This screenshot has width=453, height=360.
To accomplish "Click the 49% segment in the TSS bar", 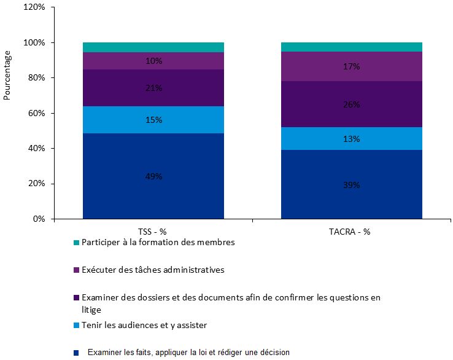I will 153,176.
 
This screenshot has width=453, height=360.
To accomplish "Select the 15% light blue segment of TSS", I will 153,120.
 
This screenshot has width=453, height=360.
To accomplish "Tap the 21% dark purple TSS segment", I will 153,88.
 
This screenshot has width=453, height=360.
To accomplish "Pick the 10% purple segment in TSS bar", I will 153,61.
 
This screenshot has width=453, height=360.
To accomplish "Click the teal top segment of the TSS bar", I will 153,47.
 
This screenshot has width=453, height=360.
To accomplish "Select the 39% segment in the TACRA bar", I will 351,184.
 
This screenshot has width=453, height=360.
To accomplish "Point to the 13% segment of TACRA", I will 351,139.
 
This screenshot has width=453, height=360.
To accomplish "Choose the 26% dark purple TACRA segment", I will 351,104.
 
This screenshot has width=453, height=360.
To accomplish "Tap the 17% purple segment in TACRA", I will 351,66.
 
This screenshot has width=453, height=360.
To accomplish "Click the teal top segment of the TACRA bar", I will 351,47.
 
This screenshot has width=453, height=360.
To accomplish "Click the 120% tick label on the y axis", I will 34,7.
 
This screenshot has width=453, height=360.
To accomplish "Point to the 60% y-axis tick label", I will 36,113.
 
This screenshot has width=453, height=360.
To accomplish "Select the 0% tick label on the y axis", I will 38,219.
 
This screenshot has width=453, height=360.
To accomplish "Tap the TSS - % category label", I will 153,232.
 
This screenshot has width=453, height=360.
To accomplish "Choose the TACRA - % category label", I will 351,232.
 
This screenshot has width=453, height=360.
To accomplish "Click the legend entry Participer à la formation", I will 158,242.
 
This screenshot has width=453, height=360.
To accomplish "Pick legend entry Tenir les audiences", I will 148,325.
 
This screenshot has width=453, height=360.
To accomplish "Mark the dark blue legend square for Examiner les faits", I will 76,353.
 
